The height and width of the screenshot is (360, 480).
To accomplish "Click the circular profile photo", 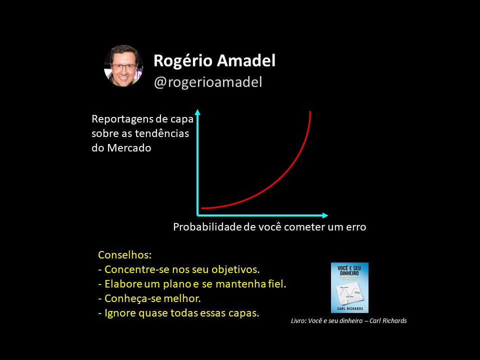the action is pos(123,66).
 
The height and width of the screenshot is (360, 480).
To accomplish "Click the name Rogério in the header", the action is pos(183,61).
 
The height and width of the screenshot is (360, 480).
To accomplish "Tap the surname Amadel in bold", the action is pos(246,60).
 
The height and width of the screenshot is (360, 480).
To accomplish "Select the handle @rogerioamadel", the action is pos(208,82).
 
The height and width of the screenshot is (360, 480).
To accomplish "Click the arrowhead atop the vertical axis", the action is pos(198,112).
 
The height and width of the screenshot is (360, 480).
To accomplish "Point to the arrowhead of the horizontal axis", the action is pos(325,215).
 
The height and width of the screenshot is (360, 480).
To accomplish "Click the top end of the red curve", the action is pos(310,111).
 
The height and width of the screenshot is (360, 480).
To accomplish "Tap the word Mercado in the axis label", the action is pos(129,148).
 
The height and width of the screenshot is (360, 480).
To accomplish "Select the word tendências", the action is pos(162,133).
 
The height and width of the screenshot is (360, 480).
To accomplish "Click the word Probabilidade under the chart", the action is pos(207,227).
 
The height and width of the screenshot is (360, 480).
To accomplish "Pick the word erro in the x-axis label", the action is pos(356,227).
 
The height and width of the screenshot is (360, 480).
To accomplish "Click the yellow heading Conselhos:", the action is pos(125,254).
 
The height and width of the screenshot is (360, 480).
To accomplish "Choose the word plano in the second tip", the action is pos(177,284).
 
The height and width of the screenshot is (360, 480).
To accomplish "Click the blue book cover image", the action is pos(349,287).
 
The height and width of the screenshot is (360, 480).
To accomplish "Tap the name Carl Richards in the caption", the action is pos(388,321).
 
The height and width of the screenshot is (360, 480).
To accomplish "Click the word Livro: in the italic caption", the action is pos(298,321).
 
